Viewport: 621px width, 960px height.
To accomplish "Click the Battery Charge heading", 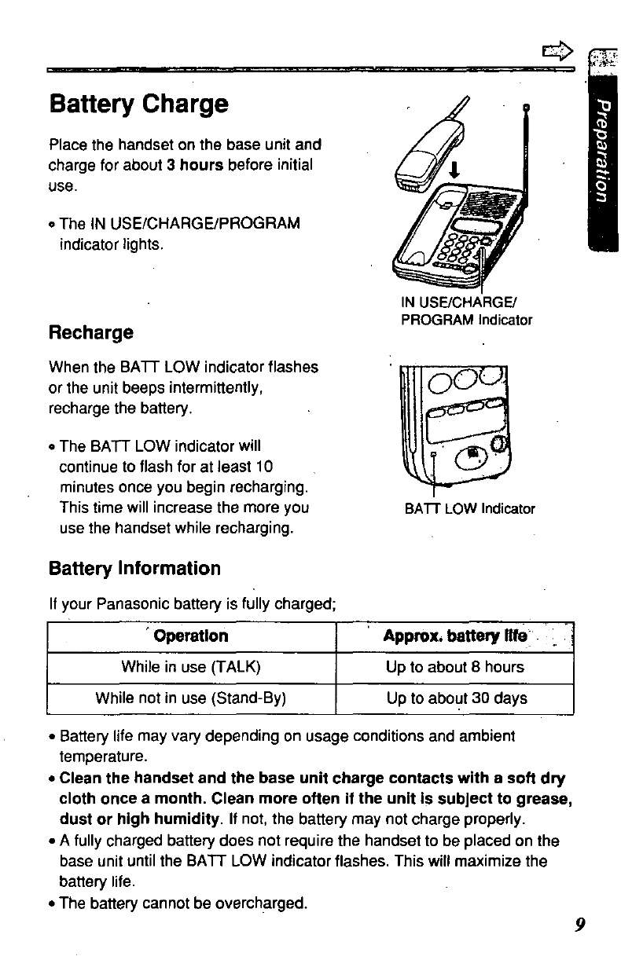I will coord(138,104).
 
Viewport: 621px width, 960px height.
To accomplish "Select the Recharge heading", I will coord(91,332).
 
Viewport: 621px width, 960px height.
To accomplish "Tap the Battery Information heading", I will coord(134,568).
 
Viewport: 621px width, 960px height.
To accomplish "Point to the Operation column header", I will coord(191,636).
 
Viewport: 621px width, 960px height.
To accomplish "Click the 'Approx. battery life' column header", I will coord(454,636).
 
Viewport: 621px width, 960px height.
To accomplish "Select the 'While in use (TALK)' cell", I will coord(191,668).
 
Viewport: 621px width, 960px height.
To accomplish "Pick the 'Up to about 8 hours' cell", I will coord(454,668).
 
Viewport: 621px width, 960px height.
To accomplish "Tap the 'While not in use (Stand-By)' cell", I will coord(191,698).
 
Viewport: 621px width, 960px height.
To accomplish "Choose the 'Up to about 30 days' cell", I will coord(454,698).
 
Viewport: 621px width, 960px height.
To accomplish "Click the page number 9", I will coord(579,924).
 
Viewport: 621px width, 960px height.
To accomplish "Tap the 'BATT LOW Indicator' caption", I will coord(469,509).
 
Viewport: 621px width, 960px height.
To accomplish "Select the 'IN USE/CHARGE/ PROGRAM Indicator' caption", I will coord(466,312).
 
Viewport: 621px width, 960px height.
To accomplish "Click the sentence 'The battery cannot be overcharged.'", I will coord(182,903).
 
